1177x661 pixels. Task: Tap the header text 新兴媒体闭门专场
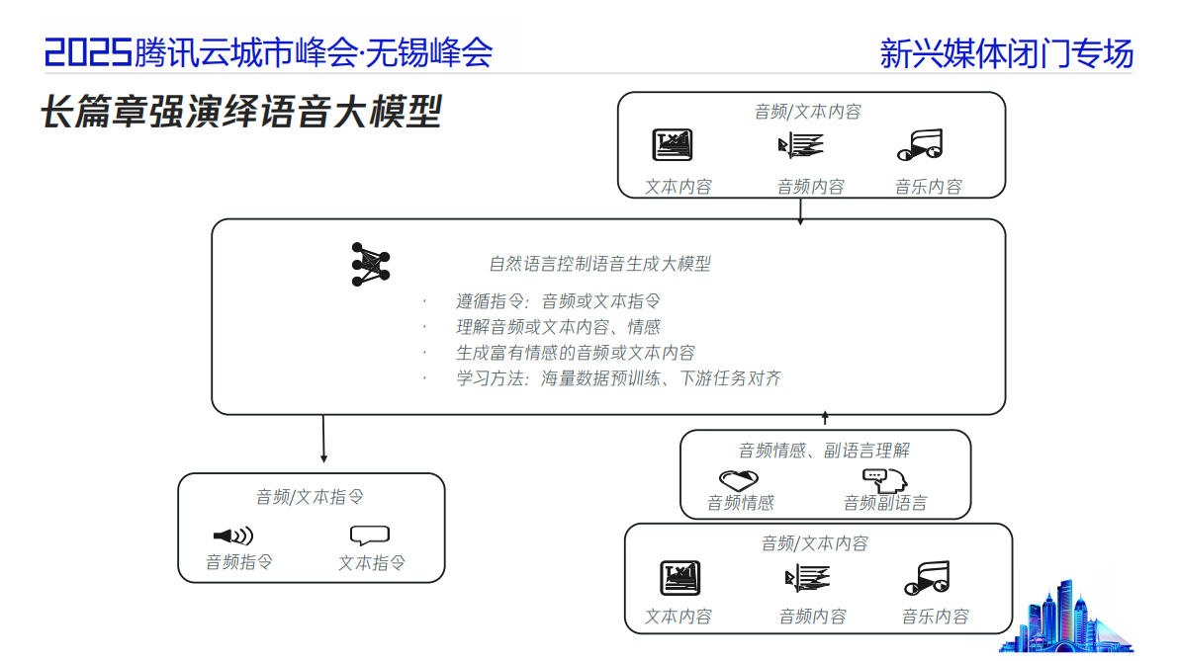click(x=1006, y=53)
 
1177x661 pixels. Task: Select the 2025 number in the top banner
click(x=88, y=52)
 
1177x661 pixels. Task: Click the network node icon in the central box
click(x=371, y=264)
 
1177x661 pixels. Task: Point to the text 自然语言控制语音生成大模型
click(x=599, y=264)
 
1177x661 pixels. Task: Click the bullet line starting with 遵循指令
click(x=558, y=301)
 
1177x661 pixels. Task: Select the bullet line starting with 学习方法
click(x=618, y=378)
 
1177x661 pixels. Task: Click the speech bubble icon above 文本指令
click(x=370, y=536)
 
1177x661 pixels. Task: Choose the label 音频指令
click(x=239, y=562)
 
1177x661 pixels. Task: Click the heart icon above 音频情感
click(x=740, y=479)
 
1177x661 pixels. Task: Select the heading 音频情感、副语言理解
click(x=824, y=451)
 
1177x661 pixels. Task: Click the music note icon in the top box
click(x=921, y=146)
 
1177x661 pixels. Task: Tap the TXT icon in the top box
click(x=673, y=146)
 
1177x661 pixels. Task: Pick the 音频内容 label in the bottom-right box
click(x=812, y=617)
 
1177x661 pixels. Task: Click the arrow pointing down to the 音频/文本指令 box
click(x=323, y=439)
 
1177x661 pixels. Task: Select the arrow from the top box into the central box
click(x=800, y=209)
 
